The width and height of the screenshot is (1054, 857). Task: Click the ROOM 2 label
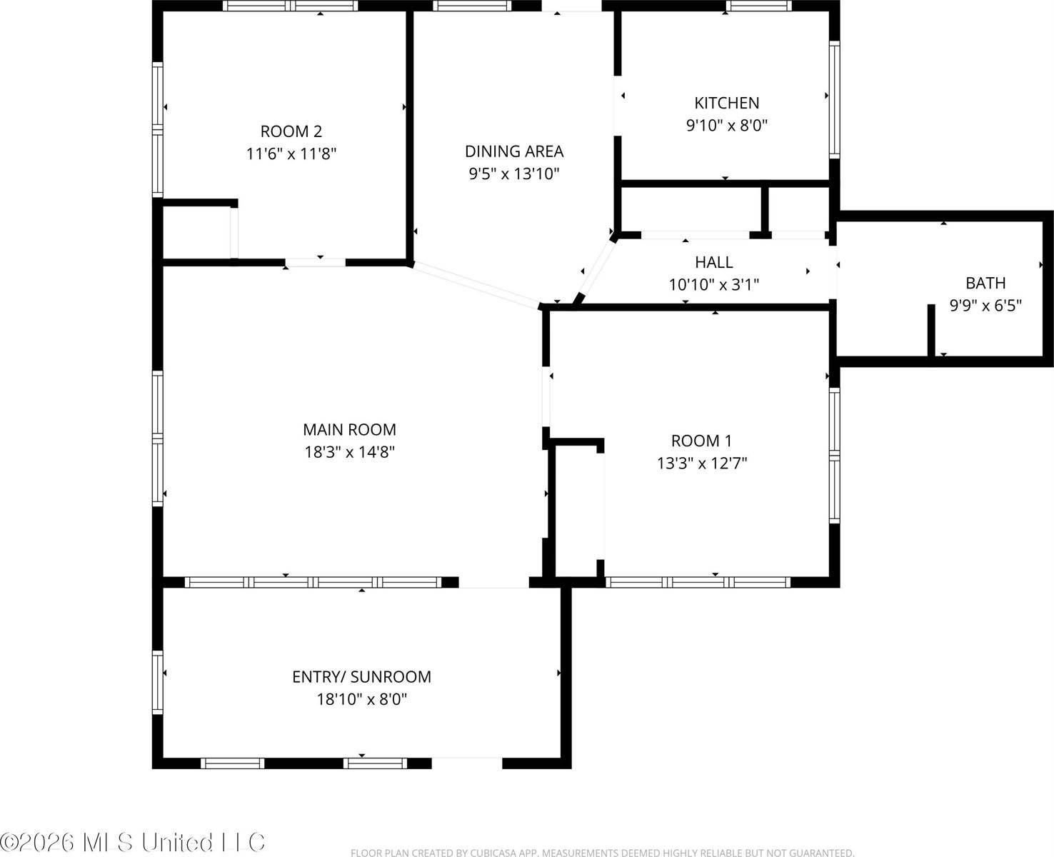coord(291,131)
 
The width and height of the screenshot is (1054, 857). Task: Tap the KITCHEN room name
coord(726,103)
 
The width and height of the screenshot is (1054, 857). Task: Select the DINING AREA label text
coord(513,151)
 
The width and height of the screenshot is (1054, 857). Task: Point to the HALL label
coord(713,262)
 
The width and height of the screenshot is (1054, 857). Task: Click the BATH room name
coord(985,283)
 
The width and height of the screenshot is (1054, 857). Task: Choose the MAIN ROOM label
coord(349,429)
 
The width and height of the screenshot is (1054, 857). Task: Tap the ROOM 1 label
coord(701,441)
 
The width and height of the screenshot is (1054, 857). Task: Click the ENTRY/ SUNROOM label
coord(361,676)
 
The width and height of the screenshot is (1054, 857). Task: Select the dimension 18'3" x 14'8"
coord(349,452)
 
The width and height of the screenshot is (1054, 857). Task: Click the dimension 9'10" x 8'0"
coord(726,126)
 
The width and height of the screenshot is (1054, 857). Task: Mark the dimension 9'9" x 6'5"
coord(985,306)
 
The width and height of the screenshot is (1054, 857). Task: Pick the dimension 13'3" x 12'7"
coord(701,463)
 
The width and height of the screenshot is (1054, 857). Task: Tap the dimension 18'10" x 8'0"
coord(361,699)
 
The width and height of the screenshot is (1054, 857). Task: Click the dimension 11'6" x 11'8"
coord(291,154)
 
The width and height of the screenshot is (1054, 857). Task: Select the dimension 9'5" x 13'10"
coord(513,174)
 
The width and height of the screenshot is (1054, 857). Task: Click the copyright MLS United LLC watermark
coord(133,842)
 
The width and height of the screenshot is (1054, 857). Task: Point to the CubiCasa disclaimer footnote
coord(602,852)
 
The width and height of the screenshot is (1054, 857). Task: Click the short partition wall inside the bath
coord(931,330)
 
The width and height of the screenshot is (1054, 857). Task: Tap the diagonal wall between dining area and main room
coord(475,285)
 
